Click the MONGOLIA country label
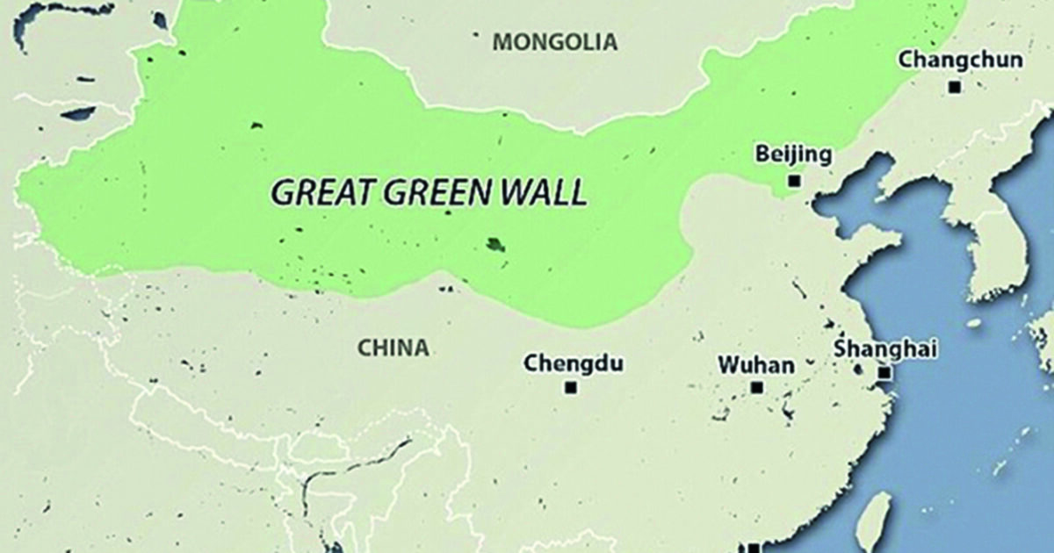[x=554, y=41]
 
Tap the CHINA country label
[x=393, y=348]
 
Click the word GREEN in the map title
[x=435, y=192]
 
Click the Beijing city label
[x=792, y=155]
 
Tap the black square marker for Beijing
[x=794, y=181]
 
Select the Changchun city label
[x=960, y=60]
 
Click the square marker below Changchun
[x=955, y=87]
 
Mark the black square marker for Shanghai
[x=884, y=373]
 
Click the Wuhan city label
[x=755, y=363]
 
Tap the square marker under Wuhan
[x=756, y=387]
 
